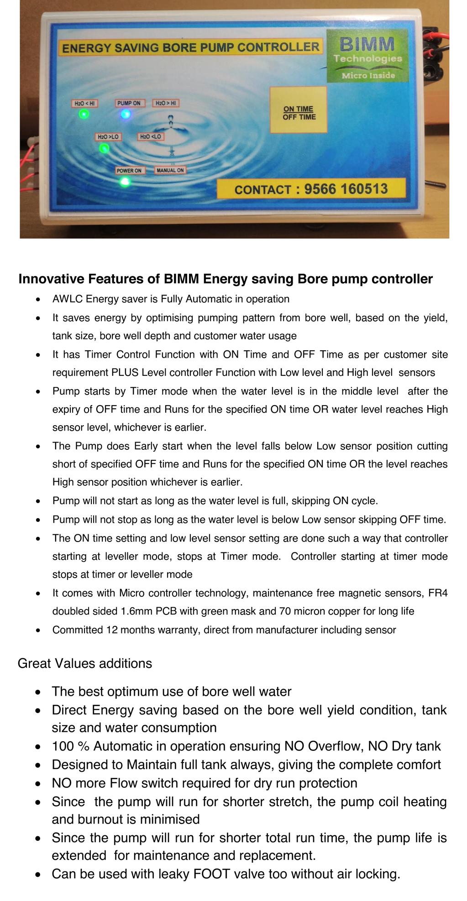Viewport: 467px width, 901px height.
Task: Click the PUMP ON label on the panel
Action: point(129,103)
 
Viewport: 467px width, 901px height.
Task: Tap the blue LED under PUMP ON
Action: point(125,115)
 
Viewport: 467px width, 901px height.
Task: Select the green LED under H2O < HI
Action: point(84,114)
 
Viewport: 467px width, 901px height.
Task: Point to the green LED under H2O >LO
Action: point(105,148)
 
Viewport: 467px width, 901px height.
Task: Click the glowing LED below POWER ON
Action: point(125,182)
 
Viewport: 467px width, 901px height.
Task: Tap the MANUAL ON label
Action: point(170,171)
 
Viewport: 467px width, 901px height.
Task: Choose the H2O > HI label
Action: point(165,103)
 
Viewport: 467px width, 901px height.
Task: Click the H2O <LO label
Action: point(150,137)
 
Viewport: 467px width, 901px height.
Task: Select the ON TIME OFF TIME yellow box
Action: point(299,110)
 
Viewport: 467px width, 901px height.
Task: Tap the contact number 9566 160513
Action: point(346,189)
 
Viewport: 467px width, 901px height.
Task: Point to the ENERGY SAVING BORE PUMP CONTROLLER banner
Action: point(190,47)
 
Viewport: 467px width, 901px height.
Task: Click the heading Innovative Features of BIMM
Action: point(226,279)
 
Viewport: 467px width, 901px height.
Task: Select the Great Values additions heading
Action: point(85,663)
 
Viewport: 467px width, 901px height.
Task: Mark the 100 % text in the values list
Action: point(70,746)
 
